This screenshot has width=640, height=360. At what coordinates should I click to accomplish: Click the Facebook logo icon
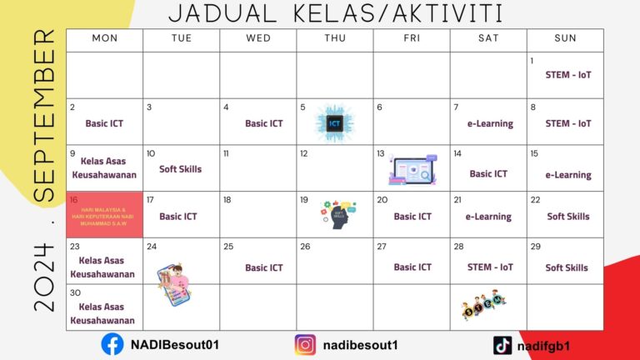click(x=112, y=345)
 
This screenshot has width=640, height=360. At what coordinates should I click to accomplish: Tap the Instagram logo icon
click(x=306, y=345)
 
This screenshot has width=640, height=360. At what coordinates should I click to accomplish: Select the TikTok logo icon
click(x=502, y=345)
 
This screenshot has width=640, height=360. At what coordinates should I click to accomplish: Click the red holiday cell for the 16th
click(x=104, y=214)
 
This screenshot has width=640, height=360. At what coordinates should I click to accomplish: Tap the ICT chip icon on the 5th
click(x=334, y=123)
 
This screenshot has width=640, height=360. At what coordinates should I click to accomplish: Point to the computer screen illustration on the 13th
click(x=412, y=171)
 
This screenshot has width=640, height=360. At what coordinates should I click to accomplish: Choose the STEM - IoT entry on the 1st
click(x=569, y=75)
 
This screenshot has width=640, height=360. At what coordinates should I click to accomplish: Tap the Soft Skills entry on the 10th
click(x=180, y=169)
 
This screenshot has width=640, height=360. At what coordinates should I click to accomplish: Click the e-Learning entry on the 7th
click(x=490, y=123)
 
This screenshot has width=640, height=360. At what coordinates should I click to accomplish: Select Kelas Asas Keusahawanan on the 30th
click(x=102, y=313)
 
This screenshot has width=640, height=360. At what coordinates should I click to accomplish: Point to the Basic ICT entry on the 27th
click(x=412, y=267)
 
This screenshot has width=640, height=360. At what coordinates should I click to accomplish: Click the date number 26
click(x=305, y=247)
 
